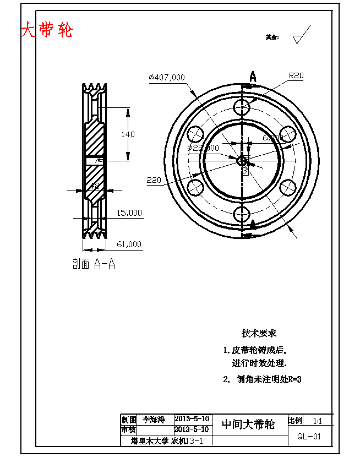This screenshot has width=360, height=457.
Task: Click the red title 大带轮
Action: pos(47,30)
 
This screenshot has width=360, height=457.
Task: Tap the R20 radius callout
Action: pos(296,76)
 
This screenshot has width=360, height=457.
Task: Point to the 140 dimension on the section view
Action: pos(128,134)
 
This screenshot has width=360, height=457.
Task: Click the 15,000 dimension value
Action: pos(129,213)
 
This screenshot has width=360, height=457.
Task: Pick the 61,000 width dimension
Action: pos(129,244)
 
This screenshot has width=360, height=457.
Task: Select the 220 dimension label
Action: pos(154,180)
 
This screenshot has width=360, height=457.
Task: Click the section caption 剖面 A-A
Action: pos(94,264)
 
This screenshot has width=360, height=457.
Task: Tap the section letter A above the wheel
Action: pos(253,75)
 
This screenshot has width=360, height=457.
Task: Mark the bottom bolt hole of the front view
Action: pos(242,215)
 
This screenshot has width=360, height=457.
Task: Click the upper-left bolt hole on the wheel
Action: pos(195,134)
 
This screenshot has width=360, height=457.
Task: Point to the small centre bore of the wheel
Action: pos(242,161)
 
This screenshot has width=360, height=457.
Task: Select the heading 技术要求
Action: pos(259,333)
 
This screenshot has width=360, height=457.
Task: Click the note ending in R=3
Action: pos(263,379)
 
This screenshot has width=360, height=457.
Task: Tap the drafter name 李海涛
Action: pos(154,420)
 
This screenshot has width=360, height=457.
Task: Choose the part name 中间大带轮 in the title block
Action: pos(248,425)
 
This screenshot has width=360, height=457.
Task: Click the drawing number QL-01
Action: pos(309,437)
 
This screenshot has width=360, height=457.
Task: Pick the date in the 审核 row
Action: pos(191,429)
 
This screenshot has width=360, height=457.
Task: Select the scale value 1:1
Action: pos(318,421)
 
